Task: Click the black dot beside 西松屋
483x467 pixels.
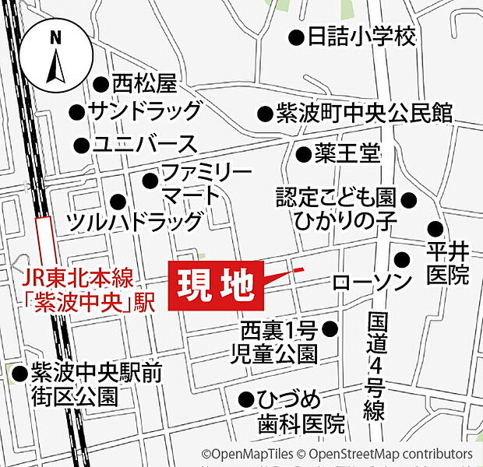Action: coord(100,83)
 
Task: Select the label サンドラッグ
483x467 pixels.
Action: coord(146,111)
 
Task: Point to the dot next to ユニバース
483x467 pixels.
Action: coord(80,145)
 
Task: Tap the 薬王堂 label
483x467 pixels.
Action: coord(347,153)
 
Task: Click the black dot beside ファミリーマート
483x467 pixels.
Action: coord(150,181)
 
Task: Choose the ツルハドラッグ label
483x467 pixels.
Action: coord(136,222)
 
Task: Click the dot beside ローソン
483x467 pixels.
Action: coord(401,259)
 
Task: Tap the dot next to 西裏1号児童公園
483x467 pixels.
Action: coord(330,328)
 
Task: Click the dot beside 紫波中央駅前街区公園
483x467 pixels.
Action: coord(19,374)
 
